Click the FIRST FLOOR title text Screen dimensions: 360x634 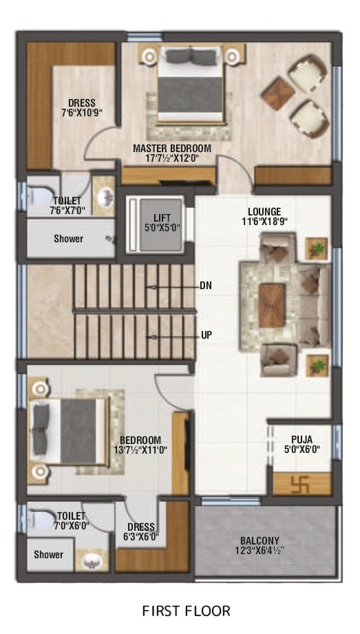click(x=186, y=611)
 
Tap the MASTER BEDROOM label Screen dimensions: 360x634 click(x=172, y=148)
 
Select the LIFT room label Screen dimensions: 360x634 click(x=162, y=218)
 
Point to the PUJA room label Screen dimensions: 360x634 click(x=301, y=439)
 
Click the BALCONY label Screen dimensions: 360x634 click(x=260, y=540)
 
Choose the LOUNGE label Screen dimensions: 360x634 click(x=264, y=211)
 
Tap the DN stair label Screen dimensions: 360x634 click(x=206, y=286)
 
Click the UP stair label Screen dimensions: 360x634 click(x=207, y=335)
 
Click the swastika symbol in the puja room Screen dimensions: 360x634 click(x=300, y=485)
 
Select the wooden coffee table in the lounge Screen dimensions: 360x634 click(x=272, y=305)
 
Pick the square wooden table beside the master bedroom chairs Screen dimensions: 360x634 click(x=278, y=93)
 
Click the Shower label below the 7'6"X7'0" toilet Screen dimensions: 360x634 click(x=68, y=239)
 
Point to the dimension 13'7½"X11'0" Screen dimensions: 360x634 click(x=140, y=450)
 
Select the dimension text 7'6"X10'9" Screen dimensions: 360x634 click(x=82, y=112)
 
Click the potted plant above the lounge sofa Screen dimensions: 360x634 click(x=317, y=249)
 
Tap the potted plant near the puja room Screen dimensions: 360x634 click(x=317, y=366)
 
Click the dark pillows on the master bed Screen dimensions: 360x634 click(x=191, y=57)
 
